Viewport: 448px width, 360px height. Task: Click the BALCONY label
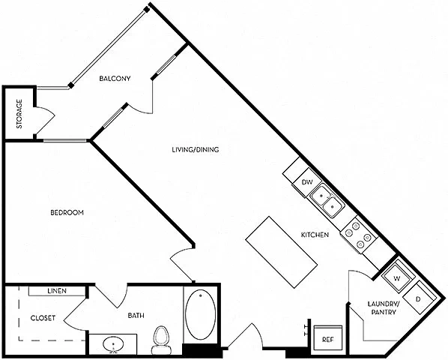[115, 78]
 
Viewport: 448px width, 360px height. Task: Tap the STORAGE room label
[19, 114]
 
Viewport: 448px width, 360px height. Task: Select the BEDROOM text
[67, 212]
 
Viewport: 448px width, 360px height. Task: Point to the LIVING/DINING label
[196, 149]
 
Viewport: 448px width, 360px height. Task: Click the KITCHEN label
[315, 235]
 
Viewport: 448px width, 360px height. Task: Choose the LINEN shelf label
[57, 291]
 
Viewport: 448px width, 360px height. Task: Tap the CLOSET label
[43, 318]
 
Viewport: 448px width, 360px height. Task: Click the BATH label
[136, 316]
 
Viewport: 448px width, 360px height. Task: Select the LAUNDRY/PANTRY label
[384, 307]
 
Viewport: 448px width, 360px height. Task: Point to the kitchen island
[282, 252]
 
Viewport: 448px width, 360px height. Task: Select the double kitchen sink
[327, 202]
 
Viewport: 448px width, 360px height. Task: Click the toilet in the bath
[160, 340]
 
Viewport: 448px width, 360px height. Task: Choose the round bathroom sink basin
[113, 344]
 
